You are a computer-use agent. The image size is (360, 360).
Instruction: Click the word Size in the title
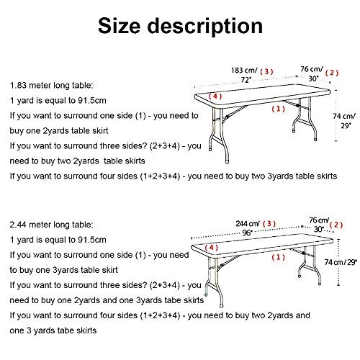click(119, 26)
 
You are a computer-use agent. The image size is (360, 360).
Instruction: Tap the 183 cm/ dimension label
click(244, 71)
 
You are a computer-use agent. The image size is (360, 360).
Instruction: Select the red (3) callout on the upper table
click(266, 71)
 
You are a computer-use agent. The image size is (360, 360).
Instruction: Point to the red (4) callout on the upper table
click(215, 96)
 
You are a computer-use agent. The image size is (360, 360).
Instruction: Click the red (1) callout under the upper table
click(279, 109)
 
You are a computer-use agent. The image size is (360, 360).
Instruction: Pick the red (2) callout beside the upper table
click(332, 73)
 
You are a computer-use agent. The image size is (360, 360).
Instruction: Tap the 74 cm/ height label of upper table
click(344, 116)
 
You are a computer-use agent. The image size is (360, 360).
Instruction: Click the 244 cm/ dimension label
click(248, 224)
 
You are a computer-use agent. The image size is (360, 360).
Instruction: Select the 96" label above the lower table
click(247, 233)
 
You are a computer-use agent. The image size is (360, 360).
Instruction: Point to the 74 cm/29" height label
click(341, 262)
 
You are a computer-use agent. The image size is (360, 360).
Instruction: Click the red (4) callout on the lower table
click(212, 248)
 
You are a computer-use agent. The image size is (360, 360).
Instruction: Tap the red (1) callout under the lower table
click(279, 257)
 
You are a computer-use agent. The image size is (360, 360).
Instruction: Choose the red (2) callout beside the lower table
click(336, 225)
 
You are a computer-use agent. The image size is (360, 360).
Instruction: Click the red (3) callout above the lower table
click(269, 224)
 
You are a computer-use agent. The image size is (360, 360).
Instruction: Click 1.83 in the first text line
click(18, 86)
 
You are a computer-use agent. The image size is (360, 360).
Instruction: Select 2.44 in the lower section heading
click(18, 225)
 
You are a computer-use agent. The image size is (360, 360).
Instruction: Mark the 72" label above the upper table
click(246, 80)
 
